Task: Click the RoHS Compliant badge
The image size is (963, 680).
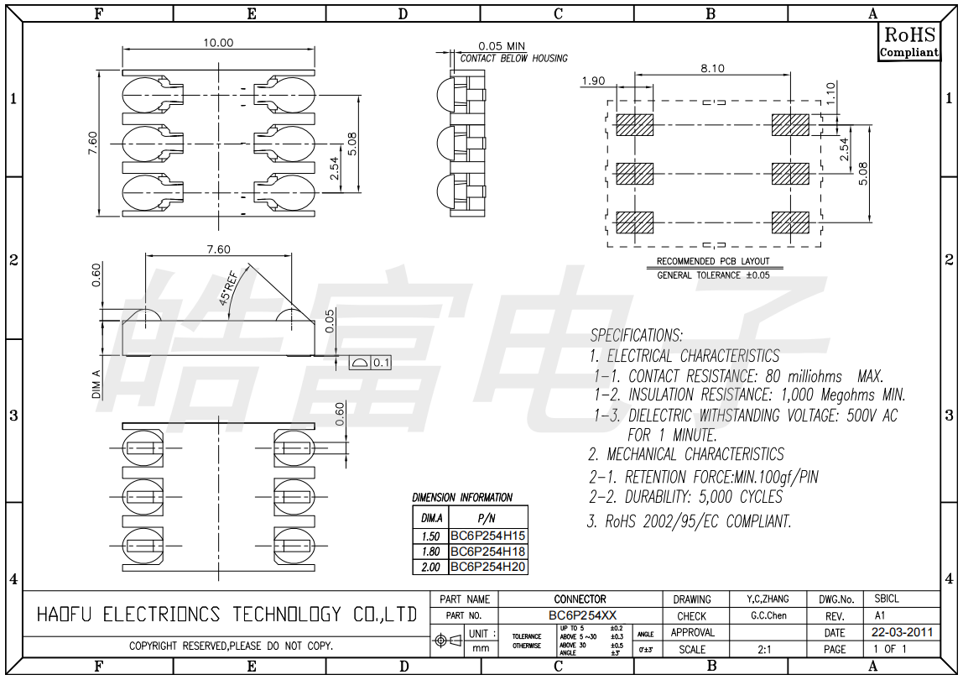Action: pos(909,42)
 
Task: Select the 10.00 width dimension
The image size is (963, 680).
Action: pos(219,43)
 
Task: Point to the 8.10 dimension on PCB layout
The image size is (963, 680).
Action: pos(712,68)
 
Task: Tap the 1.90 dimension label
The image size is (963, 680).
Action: pos(593,81)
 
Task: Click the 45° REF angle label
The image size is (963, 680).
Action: pos(228,288)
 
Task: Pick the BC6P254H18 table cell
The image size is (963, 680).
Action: pos(488,552)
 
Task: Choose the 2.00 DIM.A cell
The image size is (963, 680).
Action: pos(430,567)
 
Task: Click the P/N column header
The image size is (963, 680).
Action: pos(487,518)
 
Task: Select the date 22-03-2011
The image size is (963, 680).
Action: pos(902,632)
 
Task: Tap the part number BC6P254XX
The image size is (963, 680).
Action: pos(582,615)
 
